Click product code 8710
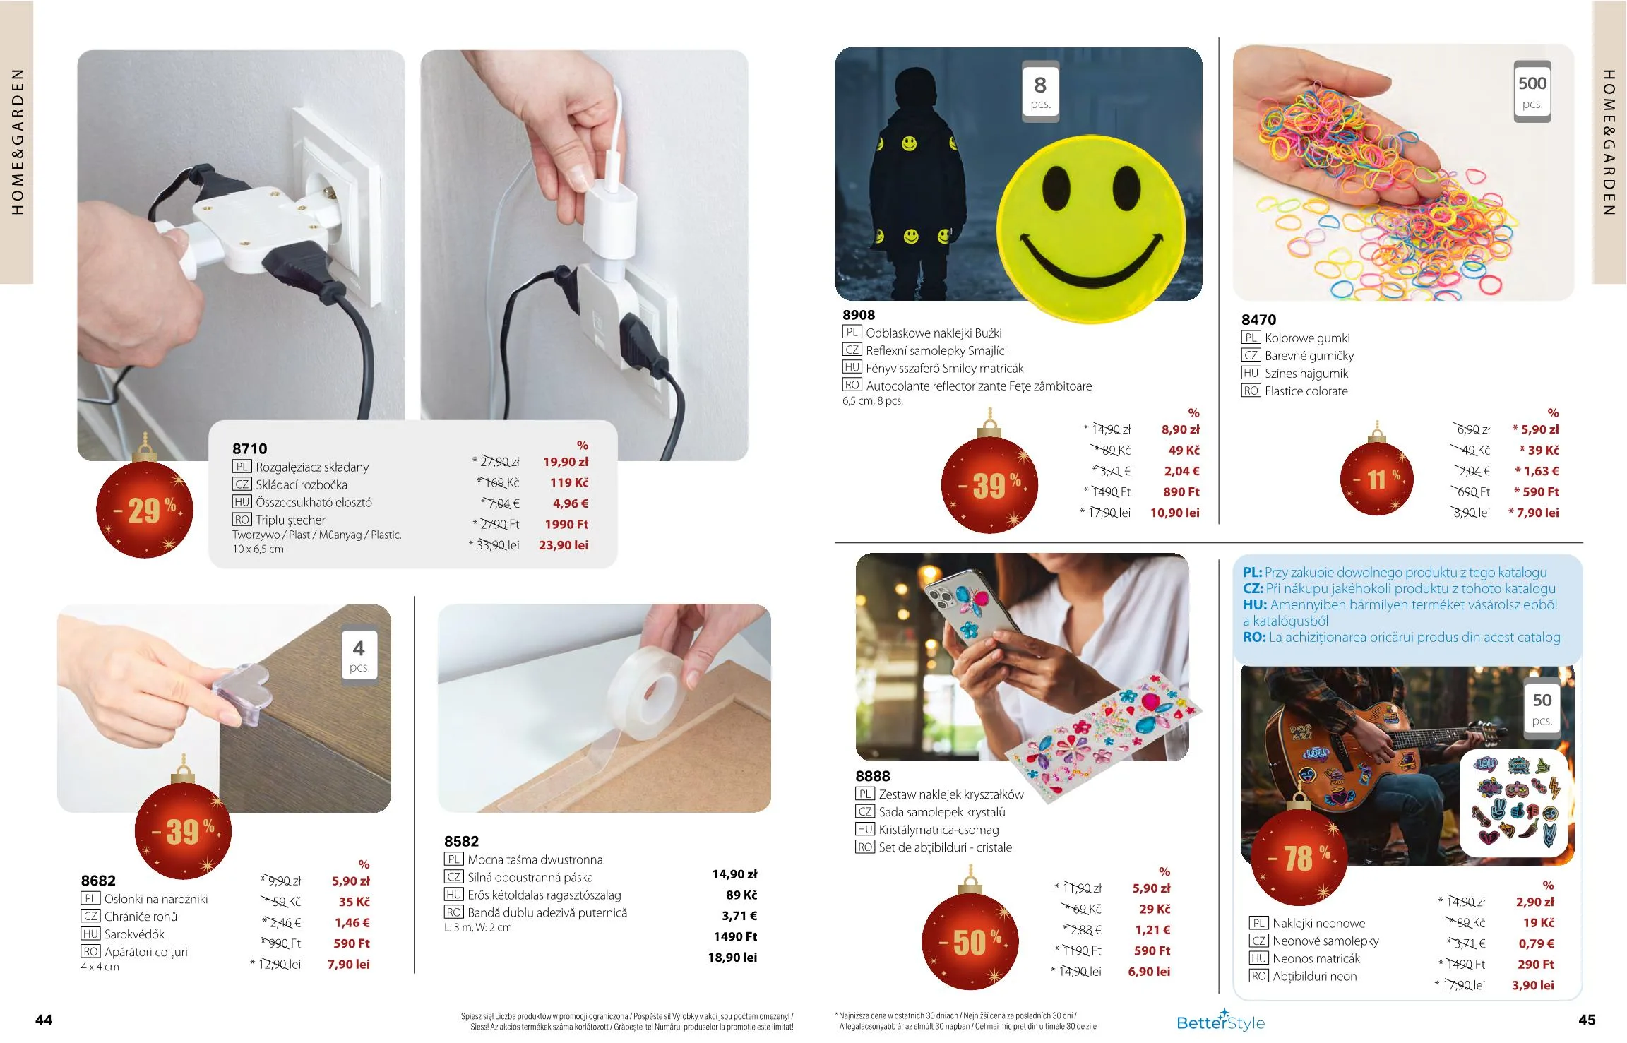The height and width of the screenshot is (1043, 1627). (x=249, y=448)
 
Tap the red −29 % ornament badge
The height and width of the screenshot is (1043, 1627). (x=145, y=508)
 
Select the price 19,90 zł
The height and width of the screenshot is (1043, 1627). (x=565, y=462)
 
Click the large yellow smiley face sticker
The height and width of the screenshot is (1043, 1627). (x=1091, y=226)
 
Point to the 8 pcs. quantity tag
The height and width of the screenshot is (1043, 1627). (x=1040, y=92)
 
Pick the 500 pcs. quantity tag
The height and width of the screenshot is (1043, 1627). (x=1532, y=92)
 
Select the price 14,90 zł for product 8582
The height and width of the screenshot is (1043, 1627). (x=734, y=874)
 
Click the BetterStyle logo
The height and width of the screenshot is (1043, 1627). (x=1220, y=1021)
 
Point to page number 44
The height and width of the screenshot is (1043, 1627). (x=44, y=1020)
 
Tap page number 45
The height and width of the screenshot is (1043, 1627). (x=1587, y=1020)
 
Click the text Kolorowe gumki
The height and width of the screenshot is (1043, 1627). (x=1307, y=338)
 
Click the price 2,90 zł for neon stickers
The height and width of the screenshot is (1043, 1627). (x=1535, y=902)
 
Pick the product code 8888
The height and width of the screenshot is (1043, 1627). (x=873, y=776)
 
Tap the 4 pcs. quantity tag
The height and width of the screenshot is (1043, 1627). (x=359, y=655)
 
